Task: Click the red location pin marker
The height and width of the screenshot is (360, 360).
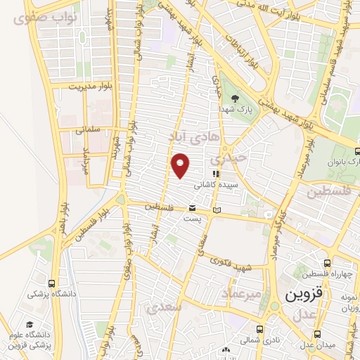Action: pyautogui.click(x=181, y=166)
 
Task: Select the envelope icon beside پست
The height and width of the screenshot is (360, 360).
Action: pyautogui.click(x=192, y=207)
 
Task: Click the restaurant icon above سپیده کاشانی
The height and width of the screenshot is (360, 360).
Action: pyautogui.click(x=217, y=172)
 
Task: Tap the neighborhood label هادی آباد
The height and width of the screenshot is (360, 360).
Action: pyautogui.click(x=191, y=134)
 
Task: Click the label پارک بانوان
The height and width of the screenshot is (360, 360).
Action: pyautogui.click(x=343, y=163)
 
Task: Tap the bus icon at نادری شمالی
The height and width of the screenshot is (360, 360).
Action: pyautogui.click(x=260, y=328)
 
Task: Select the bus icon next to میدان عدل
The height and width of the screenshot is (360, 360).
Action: pyautogui.click(x=319, y=333)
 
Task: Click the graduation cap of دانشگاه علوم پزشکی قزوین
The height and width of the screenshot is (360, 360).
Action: pyautogui.click(x=30, y=325)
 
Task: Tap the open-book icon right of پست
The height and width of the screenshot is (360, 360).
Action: pyautogui.click(x=217, y=210)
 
